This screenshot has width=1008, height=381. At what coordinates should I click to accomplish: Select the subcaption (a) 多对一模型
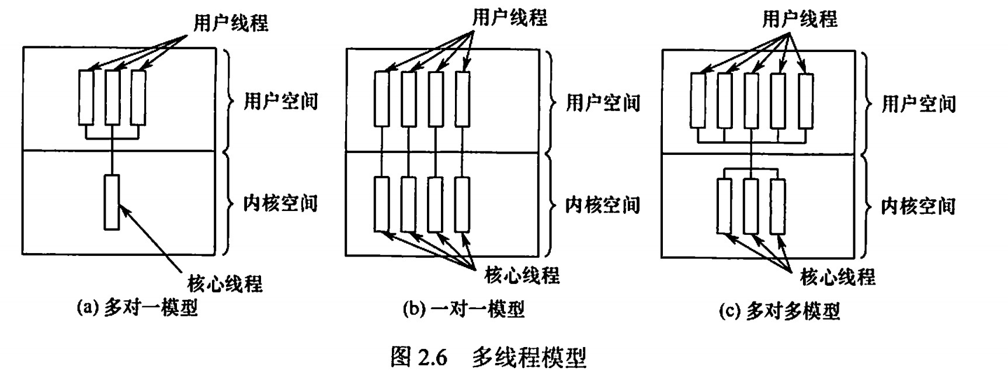click(138, 307)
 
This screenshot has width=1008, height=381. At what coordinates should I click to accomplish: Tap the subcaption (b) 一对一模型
click(464, 309)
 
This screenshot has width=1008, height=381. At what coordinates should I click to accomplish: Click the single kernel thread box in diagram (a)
click(112, 202)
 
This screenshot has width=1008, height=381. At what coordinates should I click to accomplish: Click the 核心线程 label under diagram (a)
click(225, 283)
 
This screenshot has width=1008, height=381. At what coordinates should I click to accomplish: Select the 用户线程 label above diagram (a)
click(231, 23)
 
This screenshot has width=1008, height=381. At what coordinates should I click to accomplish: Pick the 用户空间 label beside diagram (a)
click(281, 101)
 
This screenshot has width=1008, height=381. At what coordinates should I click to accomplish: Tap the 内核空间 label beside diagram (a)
click(281, 203)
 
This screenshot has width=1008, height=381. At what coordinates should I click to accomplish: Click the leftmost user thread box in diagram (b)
click(381, 99)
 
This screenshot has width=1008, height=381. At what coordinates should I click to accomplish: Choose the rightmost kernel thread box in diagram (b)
click(462, 205)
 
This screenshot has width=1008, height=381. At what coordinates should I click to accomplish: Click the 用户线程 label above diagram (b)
click(510, 18)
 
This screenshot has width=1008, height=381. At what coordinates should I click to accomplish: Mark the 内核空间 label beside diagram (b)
click(603, 205)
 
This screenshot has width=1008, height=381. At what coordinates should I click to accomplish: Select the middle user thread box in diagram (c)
click(752, 100)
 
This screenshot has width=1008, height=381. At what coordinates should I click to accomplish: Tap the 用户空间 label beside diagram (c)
click(919, 104)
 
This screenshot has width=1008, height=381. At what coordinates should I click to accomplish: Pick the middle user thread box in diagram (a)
click(113, 97)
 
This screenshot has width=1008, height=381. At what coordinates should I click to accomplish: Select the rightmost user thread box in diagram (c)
click(805, 100)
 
